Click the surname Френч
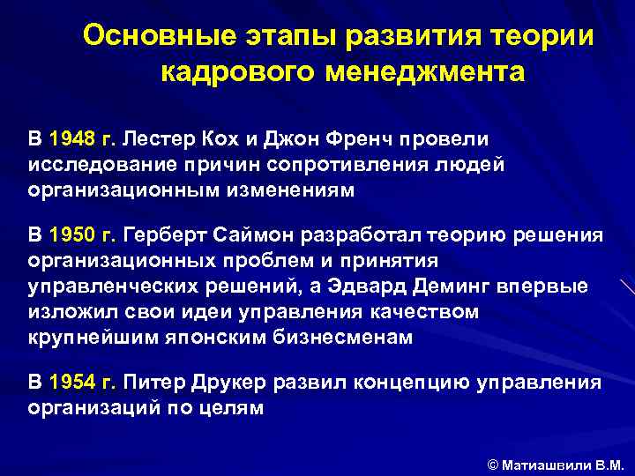[x=361, y=139]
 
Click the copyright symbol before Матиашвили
[x=493, y=462]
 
